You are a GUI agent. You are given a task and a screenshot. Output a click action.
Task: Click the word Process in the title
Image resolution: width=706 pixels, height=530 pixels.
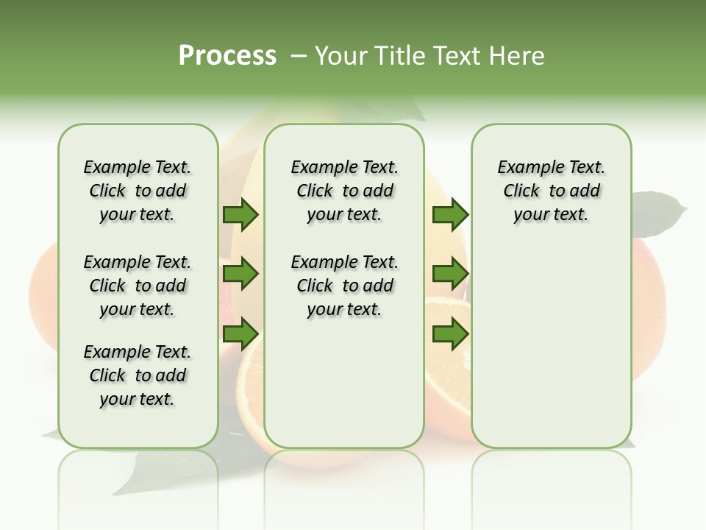[227, 56]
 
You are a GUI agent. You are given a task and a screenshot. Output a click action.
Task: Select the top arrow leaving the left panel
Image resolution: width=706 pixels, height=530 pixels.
[240, 215]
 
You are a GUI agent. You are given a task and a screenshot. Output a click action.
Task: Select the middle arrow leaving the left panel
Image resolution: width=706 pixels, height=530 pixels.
[240, 274]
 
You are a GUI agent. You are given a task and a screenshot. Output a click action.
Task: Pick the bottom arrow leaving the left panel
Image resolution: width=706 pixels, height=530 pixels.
[240, 334]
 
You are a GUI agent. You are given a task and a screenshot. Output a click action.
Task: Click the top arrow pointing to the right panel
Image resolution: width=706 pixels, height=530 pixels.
[450, 215]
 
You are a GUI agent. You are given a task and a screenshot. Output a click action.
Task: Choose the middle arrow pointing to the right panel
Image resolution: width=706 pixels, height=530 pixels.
[450, 274]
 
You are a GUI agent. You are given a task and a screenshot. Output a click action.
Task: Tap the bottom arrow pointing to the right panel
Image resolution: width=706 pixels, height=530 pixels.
[450, 334]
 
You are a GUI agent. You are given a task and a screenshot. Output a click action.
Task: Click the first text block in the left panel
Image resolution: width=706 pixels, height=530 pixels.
[138, 191]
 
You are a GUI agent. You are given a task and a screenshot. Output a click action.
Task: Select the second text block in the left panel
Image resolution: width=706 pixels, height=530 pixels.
[138, 286]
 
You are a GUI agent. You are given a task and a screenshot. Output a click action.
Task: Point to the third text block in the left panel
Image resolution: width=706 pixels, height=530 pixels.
[138, 375]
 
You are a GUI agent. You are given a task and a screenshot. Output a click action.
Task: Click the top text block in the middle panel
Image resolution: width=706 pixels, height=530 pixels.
[344, 191]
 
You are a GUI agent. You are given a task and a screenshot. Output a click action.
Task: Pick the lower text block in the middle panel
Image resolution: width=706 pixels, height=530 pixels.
[344, 286]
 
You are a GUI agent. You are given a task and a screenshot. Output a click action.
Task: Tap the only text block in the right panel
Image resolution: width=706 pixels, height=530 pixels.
[551, 191]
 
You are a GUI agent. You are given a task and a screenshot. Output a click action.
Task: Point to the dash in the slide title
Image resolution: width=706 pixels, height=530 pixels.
[299, 57]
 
